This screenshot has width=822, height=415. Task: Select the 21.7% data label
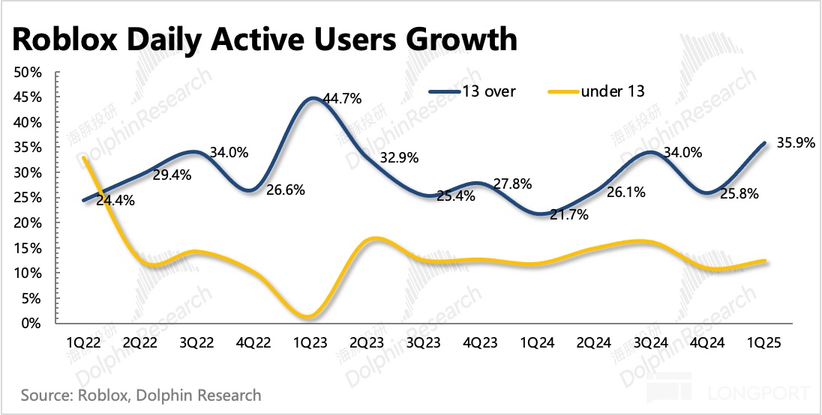coord(568,214)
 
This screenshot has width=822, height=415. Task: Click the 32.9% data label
coord(398,158)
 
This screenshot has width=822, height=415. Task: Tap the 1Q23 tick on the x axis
coord(309,342)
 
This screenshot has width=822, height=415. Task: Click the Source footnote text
coord(141,394)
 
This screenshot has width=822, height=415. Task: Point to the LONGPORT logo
coord(757,392)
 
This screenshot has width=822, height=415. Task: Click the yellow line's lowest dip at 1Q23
coord(309,317)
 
